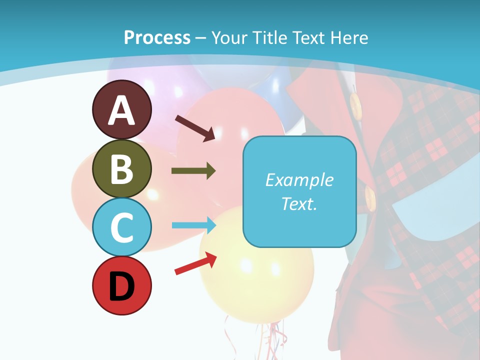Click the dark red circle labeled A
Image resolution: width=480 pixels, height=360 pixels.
121,109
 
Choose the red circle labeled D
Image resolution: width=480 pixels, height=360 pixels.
121,285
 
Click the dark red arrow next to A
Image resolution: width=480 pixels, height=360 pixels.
195,127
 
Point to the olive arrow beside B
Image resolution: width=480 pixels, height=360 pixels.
193,171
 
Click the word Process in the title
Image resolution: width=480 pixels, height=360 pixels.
157,37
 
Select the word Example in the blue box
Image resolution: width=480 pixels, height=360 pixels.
299,180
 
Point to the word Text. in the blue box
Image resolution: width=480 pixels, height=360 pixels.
299,203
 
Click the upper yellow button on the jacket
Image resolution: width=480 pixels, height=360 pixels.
355,104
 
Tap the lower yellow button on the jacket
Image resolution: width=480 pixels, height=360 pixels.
370,197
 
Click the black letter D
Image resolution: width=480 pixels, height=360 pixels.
121,286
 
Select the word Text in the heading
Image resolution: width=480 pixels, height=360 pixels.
310,37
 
